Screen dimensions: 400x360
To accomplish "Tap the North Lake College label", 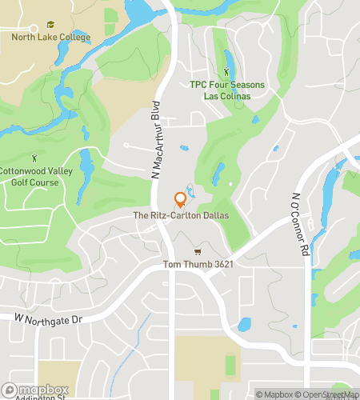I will pos(50,36).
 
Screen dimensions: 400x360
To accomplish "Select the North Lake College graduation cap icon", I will pos(50,25).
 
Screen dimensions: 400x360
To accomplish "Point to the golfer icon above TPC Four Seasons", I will pos(226,74).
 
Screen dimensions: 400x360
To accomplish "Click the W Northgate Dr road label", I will pos(48,319).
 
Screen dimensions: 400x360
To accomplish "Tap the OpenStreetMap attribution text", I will pos(329,394).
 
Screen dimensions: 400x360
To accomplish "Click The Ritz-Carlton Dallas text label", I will pos(181,216).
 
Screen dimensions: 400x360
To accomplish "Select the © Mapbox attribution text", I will pos(274,394).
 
